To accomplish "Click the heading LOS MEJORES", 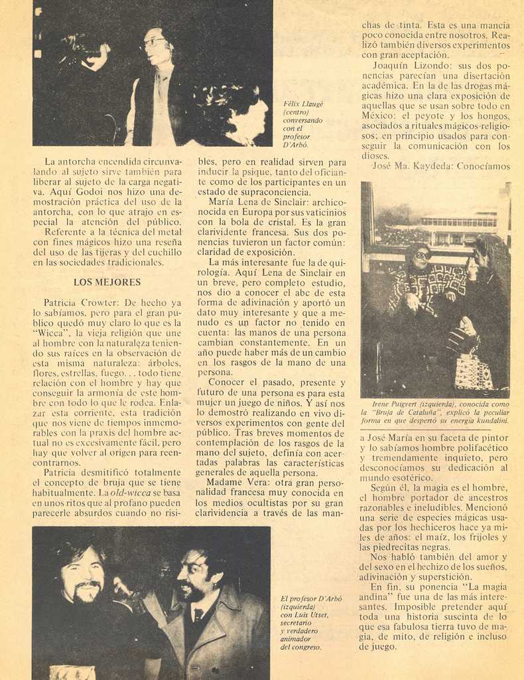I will [107, 282].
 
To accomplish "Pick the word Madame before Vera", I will [225, 482].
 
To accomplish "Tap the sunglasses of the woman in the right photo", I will [422, 255].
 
